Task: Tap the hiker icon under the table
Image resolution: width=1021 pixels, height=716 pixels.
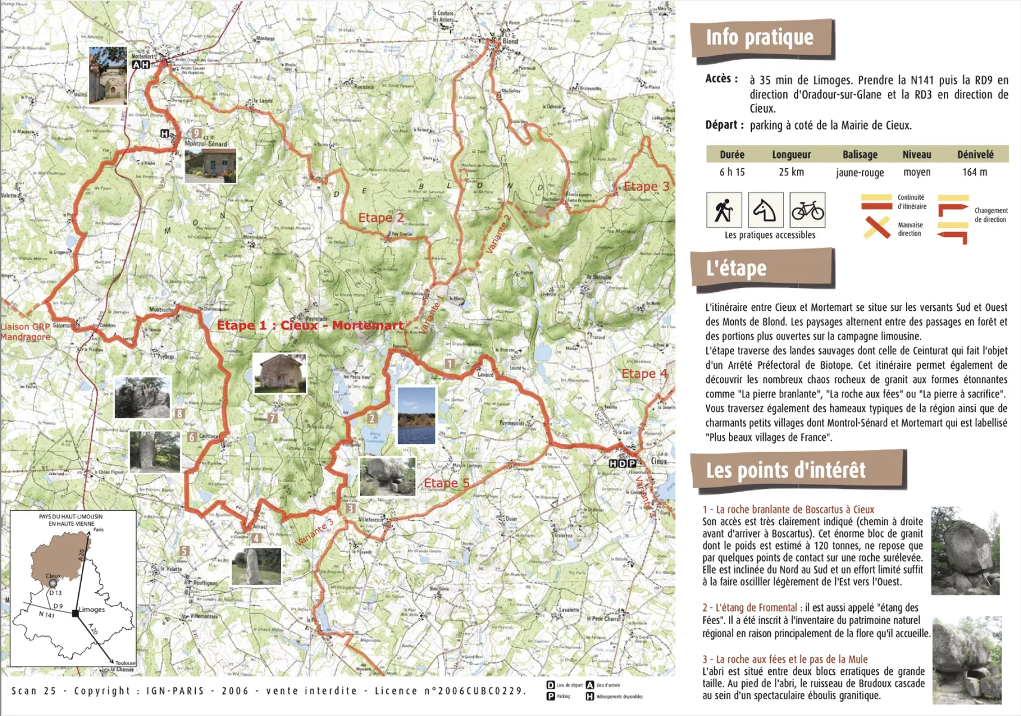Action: tap(724, 209)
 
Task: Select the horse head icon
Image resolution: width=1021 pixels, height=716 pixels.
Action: tap(765, 209)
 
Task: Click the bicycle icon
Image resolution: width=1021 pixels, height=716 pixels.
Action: tap(807, 209)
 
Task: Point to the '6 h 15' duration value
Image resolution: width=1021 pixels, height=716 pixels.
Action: tap(732, 172)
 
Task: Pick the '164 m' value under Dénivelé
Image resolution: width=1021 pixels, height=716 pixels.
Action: tap(974, 172)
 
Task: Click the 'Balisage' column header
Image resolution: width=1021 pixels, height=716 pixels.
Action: tap(860, 155)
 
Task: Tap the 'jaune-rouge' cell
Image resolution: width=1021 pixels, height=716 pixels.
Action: tap(860, 172)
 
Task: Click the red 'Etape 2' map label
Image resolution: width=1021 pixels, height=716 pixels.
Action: tap(381, 218)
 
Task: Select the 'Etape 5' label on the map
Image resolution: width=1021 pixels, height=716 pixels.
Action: tap(446, 483)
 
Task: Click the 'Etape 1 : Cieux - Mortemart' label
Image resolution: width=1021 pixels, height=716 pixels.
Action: tap(310, 325)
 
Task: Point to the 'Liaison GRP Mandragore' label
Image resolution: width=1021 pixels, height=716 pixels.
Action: tap(25, 332)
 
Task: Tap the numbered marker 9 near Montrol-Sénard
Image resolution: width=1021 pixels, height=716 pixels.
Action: tap(196, 133)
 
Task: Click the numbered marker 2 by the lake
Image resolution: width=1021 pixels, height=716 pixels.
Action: tap(371, 418)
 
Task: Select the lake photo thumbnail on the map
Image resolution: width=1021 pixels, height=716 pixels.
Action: tap(416, 415)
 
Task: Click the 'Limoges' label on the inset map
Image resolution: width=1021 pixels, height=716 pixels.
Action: tap(91, 609)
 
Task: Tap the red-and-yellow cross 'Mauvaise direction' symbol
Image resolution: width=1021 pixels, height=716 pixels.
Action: tap(877, 227)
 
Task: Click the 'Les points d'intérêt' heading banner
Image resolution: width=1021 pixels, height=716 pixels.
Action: tap(786, 470)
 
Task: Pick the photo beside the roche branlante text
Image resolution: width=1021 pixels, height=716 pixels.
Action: tap(965, 551)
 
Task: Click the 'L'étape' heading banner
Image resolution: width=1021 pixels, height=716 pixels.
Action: tap(736, 268)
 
